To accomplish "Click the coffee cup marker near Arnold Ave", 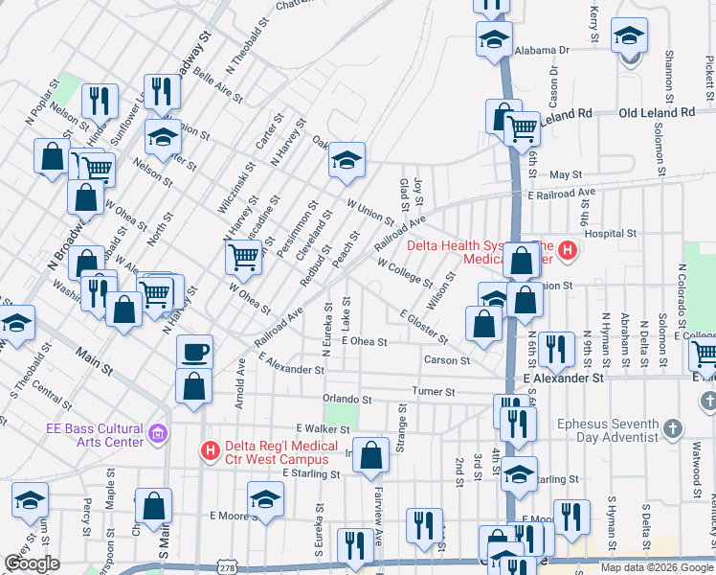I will point(194,352).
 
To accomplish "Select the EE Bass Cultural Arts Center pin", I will point(158,436).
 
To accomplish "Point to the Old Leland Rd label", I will point(657,112).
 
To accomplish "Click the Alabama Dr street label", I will point(541,49).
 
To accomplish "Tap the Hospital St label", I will point(610,233).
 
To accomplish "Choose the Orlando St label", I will point(347,399).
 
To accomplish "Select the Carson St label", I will point(448,360).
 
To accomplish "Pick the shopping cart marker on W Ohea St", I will point(244,257).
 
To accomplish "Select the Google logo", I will point(33,563).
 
